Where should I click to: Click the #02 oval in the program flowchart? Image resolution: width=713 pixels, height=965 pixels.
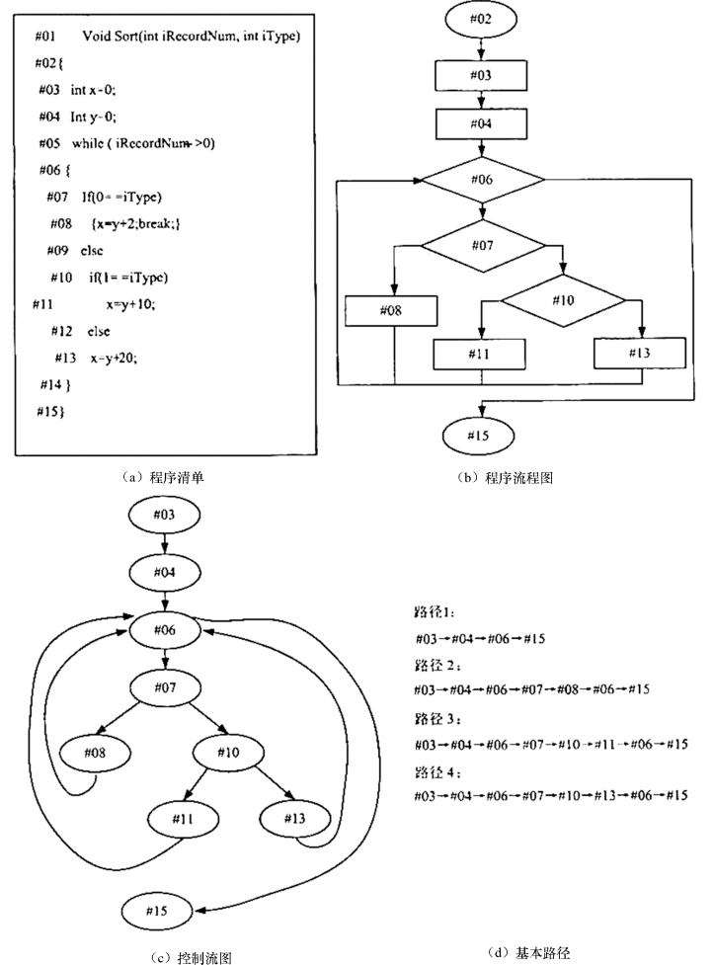tap(480, 18)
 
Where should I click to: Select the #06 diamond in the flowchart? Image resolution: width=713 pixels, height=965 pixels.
tap(482, 180)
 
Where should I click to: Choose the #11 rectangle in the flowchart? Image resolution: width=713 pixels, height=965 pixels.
tap(481, 354)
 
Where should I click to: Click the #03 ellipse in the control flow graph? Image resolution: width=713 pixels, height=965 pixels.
tap(164, 515)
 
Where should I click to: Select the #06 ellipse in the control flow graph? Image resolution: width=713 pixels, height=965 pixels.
tap(164, 628)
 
